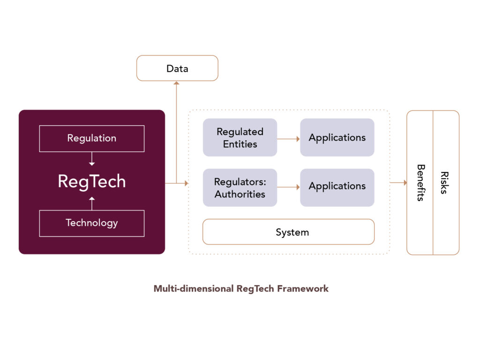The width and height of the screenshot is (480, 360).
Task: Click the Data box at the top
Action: point(177,68)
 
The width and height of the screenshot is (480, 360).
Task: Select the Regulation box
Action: point(92,138)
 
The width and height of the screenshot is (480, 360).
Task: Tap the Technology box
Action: point(92,223)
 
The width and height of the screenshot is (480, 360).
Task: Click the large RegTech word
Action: point(92,181)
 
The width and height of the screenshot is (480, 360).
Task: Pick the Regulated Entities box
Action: point(240,137)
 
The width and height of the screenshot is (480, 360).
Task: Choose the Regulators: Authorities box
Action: point(240,187)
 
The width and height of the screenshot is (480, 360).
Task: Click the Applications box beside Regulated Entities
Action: point(337,137)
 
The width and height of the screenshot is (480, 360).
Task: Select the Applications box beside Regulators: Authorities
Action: point(337,187)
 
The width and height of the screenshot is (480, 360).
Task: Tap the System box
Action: point(288,232)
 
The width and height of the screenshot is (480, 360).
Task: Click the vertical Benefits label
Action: point(421,183)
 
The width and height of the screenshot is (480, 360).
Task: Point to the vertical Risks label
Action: point(444,183)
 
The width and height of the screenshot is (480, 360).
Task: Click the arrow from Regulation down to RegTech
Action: point(92,159)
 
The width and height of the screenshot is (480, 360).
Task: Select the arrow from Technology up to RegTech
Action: point(92,203)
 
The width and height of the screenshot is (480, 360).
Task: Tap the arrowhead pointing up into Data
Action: point(176,83)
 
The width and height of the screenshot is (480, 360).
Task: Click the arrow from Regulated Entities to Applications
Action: point(288,139)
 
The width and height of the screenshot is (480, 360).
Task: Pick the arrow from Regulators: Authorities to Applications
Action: point(288,187)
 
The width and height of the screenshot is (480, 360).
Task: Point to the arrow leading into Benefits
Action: point(398,183)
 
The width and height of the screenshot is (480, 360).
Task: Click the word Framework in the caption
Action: point(303,289)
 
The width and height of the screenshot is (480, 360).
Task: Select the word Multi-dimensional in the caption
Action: point(194,289)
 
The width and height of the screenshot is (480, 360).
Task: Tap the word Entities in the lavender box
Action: point(240,144)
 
